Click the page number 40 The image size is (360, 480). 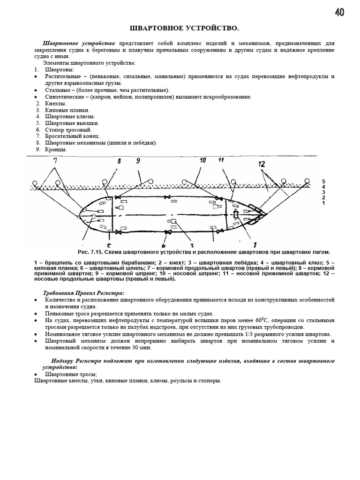click(x=340, y=12)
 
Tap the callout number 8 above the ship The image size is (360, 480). click(x=119, y=161)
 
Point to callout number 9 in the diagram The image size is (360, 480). click(x=138, y=161)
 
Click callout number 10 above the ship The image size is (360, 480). click(x=202, y=161)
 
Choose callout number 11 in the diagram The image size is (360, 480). click(x=221, y=161)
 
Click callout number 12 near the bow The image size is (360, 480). click(x=262, y=164)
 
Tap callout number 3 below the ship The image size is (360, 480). click(x=191, y=244)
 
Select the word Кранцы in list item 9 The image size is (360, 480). click(x=56, y=150)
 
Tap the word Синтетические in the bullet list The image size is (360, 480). click(x=65, y=97)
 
